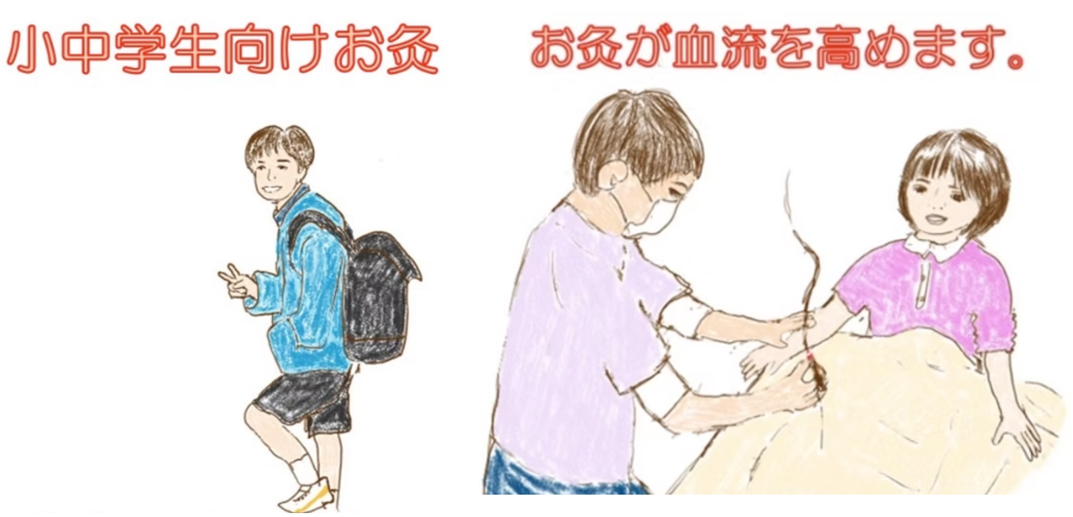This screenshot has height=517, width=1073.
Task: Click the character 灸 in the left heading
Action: coord(412,52)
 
